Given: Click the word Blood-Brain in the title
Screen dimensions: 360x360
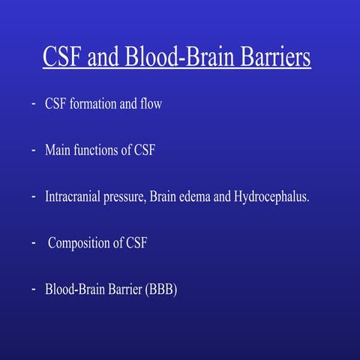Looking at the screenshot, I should click(x=176, y=58).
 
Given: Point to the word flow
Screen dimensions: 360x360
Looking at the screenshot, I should click(x=151, y=104).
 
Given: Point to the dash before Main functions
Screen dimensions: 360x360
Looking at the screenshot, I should click(x=34, y=151).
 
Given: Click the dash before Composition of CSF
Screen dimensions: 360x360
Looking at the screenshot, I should click(x=34, y=243).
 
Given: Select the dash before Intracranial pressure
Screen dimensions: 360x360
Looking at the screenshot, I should click(x=34, y=197).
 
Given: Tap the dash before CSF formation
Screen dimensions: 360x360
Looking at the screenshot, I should click(x=34, y=104).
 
